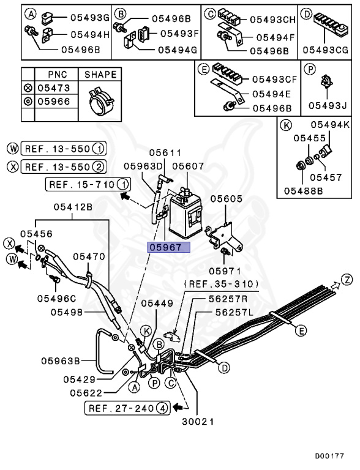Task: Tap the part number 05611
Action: point(163,153)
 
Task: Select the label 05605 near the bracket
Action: point(227,199)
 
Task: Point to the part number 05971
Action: point(224,270)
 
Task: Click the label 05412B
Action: point(72,207)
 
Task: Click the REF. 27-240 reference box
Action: point(127,407)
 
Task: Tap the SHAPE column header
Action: point(100,75)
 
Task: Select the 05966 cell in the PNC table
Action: point(53,101)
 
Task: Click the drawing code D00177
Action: point(329,456)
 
